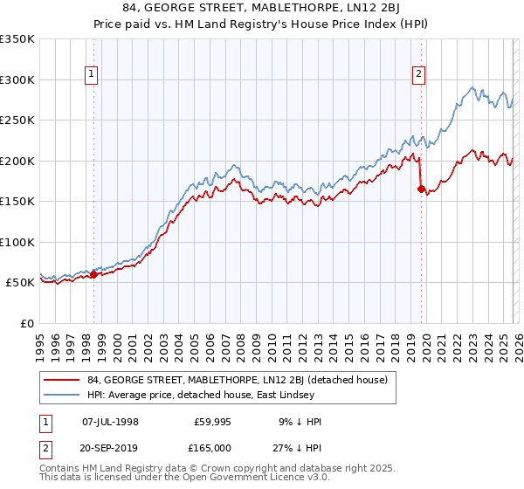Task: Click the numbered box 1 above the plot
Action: pos(93,75)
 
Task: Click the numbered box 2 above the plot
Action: pos(419,75)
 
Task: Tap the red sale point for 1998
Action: pos(93,274)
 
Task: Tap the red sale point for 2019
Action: pos(421,189)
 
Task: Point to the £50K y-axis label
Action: pos(19,283)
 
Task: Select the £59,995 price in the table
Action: pos(212,422)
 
